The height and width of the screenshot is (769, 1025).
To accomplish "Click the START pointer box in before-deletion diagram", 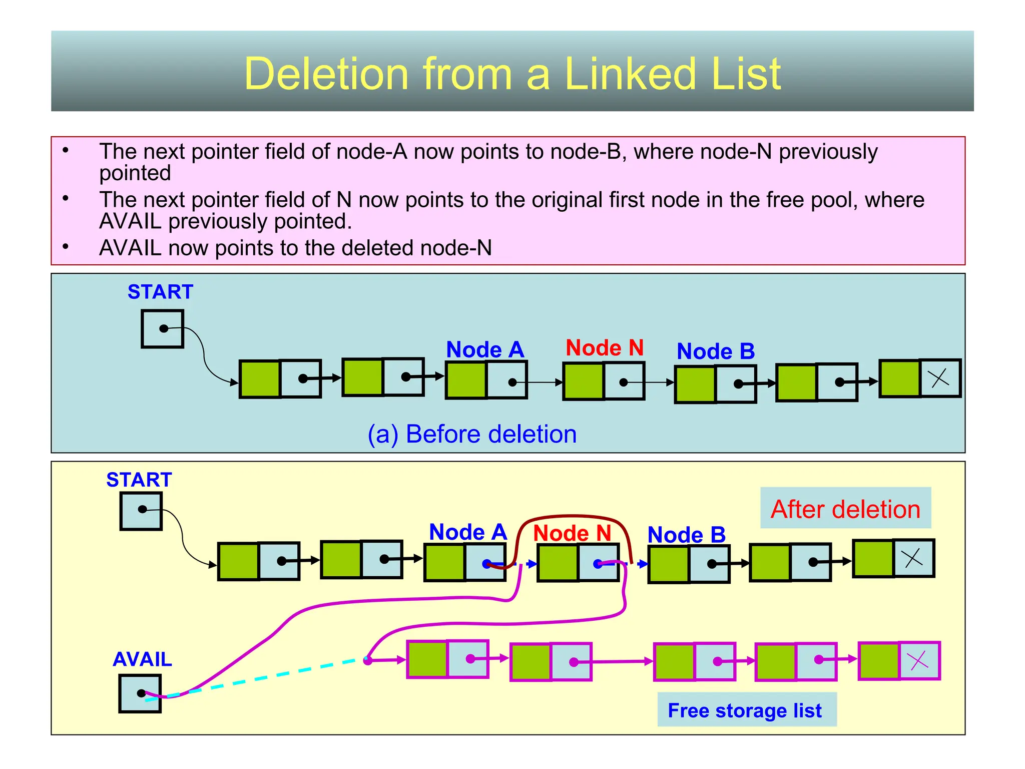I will (162, 329).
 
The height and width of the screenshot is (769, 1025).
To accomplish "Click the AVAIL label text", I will (142, 659).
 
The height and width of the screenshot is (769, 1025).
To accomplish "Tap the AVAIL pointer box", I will (140, 693).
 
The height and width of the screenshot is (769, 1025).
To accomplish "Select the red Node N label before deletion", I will (605, 348).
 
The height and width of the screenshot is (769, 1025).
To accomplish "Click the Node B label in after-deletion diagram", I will (686, 535).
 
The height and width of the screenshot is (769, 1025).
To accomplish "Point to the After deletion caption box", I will (845, 508).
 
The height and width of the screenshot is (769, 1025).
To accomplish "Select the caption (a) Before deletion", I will (472, 434).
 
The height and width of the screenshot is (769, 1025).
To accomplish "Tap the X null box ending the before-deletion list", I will (940, 378).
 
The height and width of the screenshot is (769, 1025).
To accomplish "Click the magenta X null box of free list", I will (919, 661).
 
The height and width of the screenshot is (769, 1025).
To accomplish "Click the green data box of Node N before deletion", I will (584, 381).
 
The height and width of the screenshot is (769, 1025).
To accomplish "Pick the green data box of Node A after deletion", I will (445, 562).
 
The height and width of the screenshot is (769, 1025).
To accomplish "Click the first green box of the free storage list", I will (427, 659).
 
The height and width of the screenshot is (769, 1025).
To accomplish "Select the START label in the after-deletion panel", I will (139, 480).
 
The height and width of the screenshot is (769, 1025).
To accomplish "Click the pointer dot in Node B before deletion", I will (738, 384).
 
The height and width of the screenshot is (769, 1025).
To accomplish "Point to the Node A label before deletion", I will (484, 349).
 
